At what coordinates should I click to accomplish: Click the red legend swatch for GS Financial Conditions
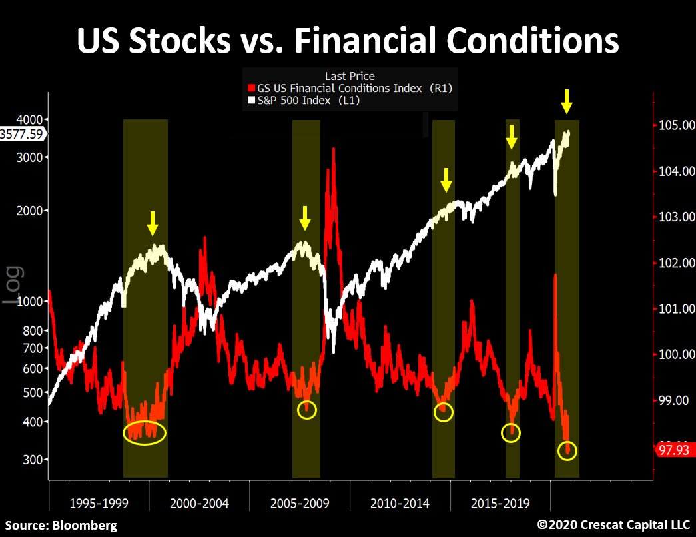pyautogui.click(x=251, y=88)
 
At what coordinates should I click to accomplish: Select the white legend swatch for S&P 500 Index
pyautogui.click(x=251, y=101)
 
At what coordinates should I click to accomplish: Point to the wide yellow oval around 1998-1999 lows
pyautogui.click(x=145, y=433)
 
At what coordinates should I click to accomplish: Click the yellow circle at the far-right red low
pyautogui.click(x=568, y=451)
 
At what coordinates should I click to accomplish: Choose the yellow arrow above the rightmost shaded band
pyautogui.click(x=567, y=101)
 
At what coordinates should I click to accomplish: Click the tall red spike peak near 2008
pyautogui.click(x=333, y=149)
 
